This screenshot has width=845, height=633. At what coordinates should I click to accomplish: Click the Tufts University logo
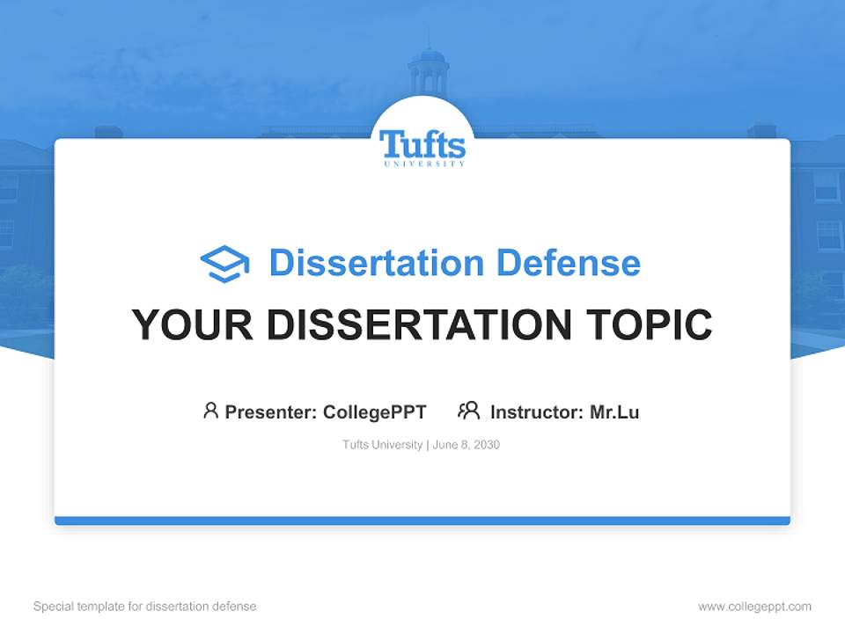pos(422,145)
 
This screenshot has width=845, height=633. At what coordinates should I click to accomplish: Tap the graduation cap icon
pos(225,263)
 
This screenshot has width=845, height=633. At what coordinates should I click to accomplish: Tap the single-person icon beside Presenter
pos(210,410)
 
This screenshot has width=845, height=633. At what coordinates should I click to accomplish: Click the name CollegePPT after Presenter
pos(375,411)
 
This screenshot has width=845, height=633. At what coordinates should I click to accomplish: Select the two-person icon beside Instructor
pos(468,410)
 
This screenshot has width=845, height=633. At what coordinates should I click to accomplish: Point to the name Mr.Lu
pos(614,411)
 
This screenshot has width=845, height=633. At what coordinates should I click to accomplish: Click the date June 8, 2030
pos(467,445)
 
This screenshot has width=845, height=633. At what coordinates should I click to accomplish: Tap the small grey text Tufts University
pos(382,445)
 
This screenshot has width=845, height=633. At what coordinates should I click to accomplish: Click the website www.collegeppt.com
pos(754,607)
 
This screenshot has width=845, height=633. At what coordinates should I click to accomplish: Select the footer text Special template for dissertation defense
pos(144,607)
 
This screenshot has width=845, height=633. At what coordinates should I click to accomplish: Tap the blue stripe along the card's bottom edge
pos(422,520)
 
